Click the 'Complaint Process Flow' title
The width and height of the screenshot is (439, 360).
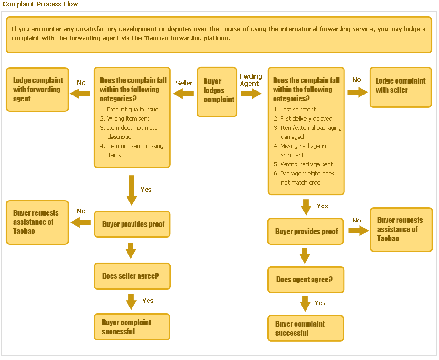tap(40, 4)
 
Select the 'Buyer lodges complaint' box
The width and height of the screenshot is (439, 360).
tap(217, 92)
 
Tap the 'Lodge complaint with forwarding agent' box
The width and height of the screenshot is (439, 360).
tap(37, 90)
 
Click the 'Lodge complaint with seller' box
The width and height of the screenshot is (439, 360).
tap(401, 87)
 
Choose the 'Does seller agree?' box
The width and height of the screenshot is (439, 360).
tap(132, 276)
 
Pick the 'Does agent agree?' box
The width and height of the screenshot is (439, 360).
tap(306, 280)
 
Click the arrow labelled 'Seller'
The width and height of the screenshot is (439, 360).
tap(183, 94)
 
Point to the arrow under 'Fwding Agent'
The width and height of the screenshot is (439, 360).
tap(251, 93)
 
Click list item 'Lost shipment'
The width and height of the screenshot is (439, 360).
tap(295, 110)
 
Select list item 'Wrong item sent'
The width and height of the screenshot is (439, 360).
tap(125, 119)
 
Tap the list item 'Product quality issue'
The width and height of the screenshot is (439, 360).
tap(129, 110)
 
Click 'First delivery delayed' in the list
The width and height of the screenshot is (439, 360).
tap(303, 119)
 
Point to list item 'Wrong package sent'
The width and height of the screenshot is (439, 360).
tap(303, 164)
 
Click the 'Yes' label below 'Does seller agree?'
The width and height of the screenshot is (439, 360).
tap(148, 301)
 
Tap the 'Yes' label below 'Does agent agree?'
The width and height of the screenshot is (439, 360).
tap(320, 303)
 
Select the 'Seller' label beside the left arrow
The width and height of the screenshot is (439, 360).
tap(184, 83)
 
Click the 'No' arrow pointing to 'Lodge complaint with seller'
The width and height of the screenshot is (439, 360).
tap(358, 92)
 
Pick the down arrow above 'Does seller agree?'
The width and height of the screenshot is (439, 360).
tap(131, 250)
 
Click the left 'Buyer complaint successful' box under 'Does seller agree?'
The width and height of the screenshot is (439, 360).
tap(132, 327)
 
